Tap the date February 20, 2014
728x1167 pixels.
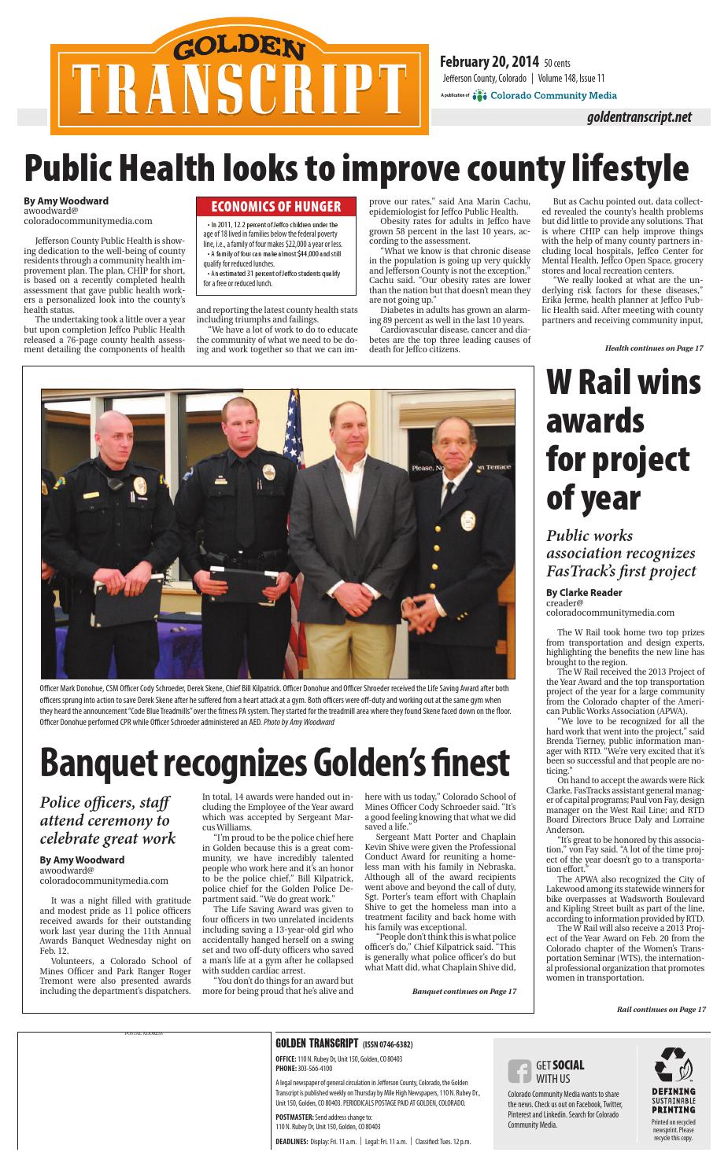tap(489, 62)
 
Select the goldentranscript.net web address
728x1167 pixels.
tap(638, 117)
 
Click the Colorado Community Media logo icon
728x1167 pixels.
tap(480, 96)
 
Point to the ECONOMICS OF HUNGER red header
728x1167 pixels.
tap(275, 207)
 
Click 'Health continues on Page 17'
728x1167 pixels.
tap(653, 348)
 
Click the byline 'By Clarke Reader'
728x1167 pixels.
tap(584, 592)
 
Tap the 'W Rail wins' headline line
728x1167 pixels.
tap(623, 383)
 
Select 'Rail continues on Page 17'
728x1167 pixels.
tap(661, 1009)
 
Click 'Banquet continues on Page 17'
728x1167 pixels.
tap(464, 991)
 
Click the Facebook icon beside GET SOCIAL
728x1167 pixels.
tap(519, 1071)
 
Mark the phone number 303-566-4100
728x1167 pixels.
tap(315, 1069)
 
